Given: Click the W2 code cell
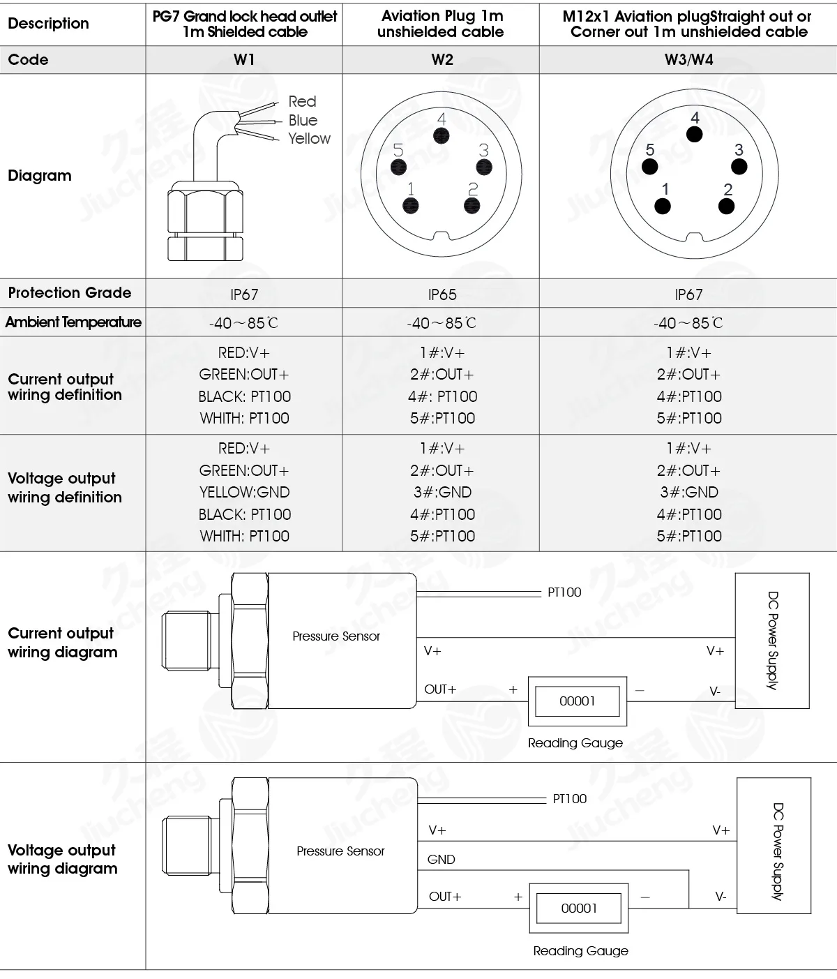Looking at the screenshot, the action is click(442, 60).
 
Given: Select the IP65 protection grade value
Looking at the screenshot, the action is click(442, 294).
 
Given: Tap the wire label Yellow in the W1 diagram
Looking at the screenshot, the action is click(309, 138).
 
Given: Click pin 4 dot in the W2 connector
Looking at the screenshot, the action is click(442, 136).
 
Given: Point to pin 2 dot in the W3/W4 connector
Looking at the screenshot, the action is click(726, 207).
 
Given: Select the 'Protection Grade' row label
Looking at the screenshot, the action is click(70, 292).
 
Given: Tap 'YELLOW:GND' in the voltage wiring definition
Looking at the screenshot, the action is click(244, 492).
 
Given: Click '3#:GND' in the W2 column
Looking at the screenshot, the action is click(442, 492).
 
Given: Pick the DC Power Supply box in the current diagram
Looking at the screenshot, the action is click(772, 641).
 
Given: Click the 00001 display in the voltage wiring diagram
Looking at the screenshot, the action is click(579, 908).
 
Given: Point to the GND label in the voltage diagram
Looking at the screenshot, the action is click(441, 859).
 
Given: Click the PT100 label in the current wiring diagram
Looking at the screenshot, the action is click(564, 592).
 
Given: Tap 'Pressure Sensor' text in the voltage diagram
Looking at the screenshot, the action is click(340, 851).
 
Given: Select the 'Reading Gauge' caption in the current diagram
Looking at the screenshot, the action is click(575, 742).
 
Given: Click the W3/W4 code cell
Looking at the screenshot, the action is click(688, 60).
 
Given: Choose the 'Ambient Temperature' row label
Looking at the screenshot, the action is click(73, 322).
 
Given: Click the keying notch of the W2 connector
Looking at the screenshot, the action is click(442, 236).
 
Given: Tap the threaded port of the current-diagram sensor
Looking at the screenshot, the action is click(186, 641).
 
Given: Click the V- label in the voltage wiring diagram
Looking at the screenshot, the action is click(721, 896).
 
